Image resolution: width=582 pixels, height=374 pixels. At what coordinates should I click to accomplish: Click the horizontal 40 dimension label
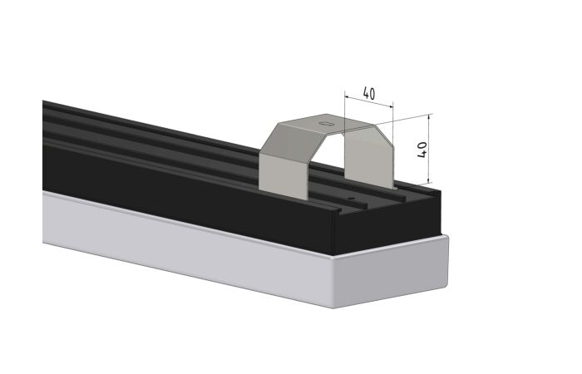pos(368,93)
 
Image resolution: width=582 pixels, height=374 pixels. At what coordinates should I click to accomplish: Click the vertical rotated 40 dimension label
pos(422,150)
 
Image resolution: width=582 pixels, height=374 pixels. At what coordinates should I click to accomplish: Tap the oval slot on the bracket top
pos(326,124)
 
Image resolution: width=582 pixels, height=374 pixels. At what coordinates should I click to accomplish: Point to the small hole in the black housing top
pos(349,199)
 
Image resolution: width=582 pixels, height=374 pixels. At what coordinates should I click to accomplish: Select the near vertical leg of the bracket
pos(284,175)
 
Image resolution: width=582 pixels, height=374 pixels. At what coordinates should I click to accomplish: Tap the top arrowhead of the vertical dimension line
pos(429,116)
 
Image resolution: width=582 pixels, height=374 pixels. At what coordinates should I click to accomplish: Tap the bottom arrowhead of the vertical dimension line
pos(430,180)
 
